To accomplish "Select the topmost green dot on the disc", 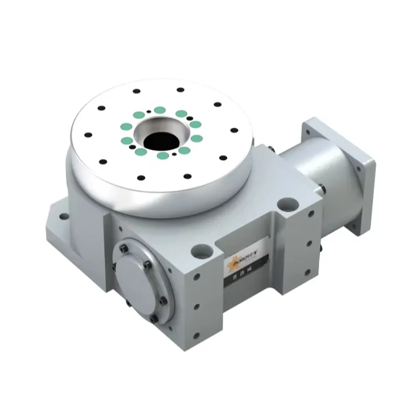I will click(159, 110).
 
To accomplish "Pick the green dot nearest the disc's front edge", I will click(164, 156).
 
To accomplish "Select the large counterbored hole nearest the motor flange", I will click(286, 202).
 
